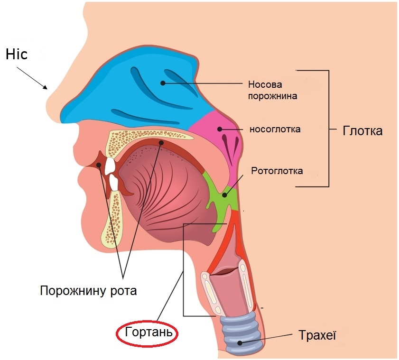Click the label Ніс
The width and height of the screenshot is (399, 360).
(x=17, y=55)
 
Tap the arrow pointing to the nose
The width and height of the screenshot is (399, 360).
(x=32, y=78)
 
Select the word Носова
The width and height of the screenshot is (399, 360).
(x=265, y=84)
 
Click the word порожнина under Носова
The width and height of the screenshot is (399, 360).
(x=272, y=96)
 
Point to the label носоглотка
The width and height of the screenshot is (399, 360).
(x=275, y=129)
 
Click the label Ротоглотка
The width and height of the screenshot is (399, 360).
(x=277, y=171)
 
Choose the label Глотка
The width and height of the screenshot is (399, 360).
(x=362, y=131)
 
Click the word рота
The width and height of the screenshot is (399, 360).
(x=123, y=291)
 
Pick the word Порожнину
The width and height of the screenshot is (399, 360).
(x=74, y=291)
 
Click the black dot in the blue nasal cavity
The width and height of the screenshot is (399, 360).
(x=163, y=83)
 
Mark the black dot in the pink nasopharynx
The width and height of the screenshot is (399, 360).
(x=220, y=129)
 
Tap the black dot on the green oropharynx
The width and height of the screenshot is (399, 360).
(x=224, y=195)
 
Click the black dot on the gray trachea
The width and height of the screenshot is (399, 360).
(x=240, y=343)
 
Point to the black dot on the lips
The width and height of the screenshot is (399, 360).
(x=99, y=165)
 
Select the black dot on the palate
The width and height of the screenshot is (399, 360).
(x=161, y=143)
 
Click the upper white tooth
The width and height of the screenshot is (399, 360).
(x=110, y=166)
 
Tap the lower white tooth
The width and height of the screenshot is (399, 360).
(x=114, y=182)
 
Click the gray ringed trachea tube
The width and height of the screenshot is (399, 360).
(x=239, y=333)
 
